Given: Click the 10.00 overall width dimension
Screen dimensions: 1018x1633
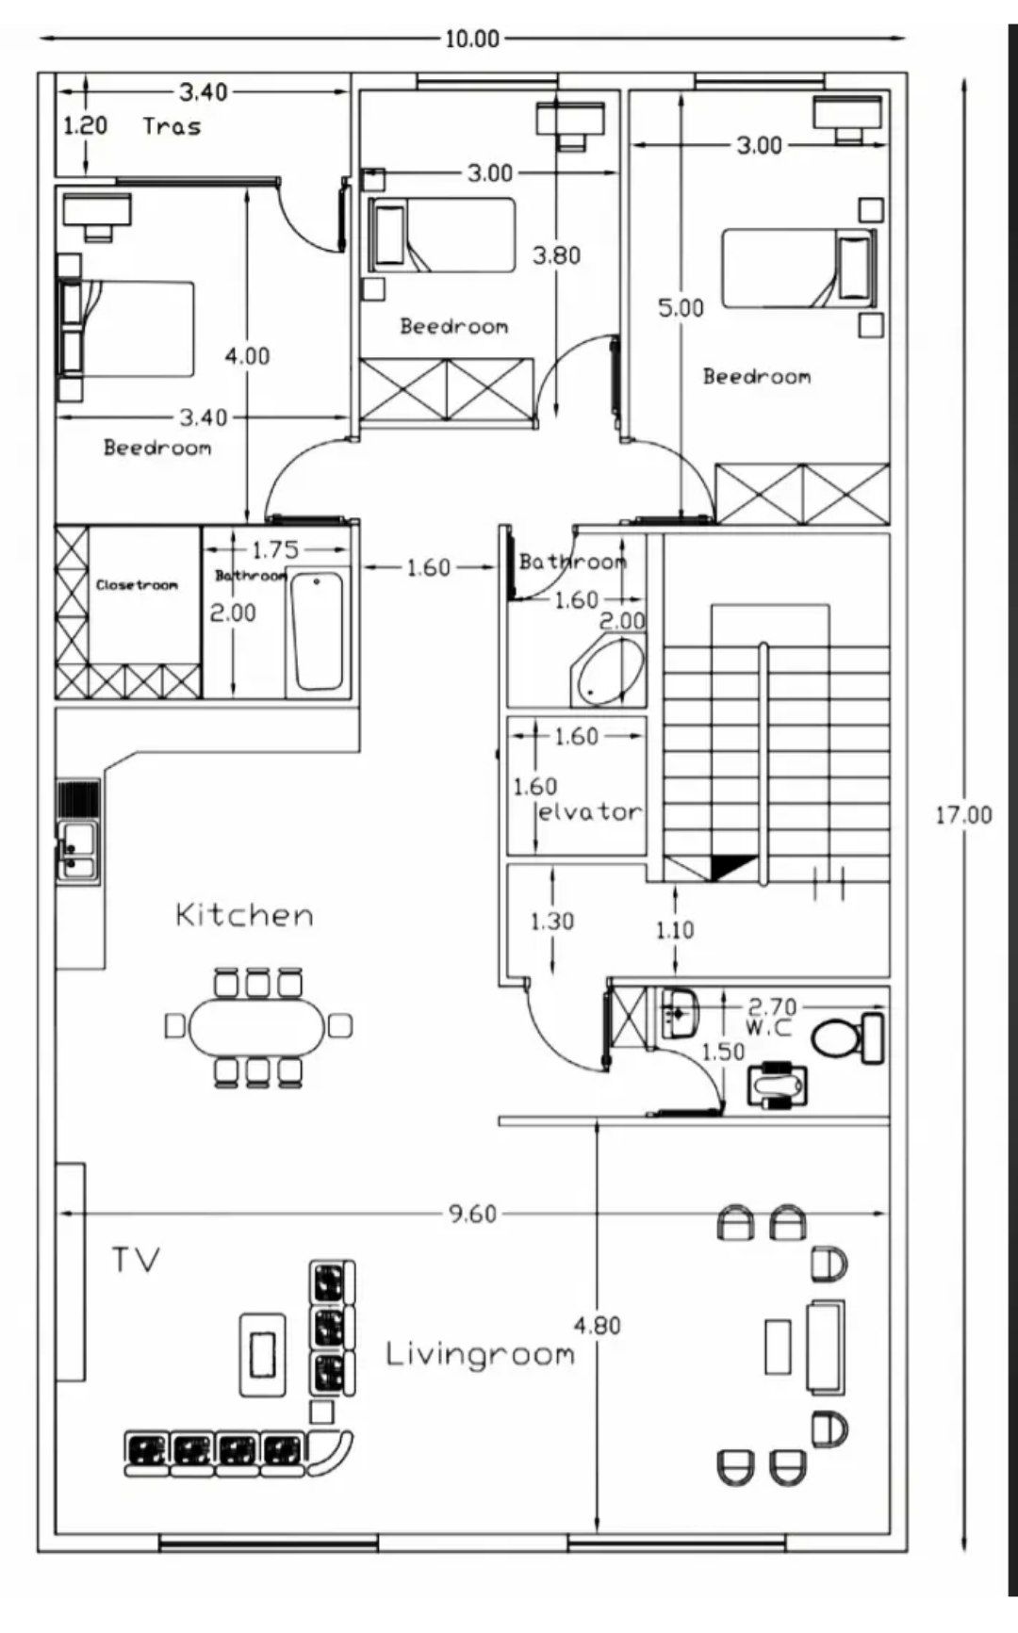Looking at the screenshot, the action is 472,39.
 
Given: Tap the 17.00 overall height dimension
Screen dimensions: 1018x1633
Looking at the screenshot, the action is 963,815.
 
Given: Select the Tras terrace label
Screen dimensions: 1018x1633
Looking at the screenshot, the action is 172,126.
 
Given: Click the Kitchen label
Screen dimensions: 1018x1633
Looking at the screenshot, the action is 245,915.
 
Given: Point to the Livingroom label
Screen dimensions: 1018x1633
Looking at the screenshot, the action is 481,1355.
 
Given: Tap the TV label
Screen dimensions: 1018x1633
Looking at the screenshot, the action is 137,1260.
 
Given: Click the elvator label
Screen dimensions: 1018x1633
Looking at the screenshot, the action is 590,811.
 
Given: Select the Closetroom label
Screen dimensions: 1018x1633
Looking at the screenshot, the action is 137,585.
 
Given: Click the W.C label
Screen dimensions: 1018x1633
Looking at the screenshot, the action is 768,1026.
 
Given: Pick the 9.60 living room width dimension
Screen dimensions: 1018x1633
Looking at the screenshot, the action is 472,1214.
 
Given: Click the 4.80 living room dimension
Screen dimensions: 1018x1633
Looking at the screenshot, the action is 598,1326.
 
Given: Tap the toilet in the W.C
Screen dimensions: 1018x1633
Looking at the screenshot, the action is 847,1037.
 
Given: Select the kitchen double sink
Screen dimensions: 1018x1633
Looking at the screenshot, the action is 78,851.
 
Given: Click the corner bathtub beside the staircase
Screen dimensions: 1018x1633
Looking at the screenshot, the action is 608,671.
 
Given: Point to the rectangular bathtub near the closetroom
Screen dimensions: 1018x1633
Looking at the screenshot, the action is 317,632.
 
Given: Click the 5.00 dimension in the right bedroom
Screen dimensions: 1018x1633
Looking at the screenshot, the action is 681,308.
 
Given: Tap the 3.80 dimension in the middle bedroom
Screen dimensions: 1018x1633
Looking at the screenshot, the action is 557,255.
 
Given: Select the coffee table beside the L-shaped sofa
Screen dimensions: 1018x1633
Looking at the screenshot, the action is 262,1354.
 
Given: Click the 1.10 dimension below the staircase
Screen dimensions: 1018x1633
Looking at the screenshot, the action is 675,931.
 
